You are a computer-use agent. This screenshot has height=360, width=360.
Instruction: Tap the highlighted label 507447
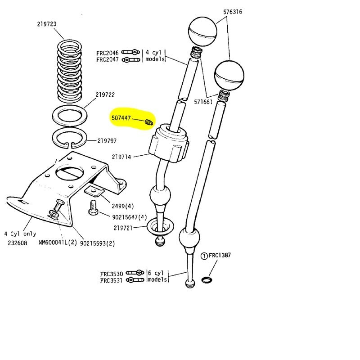click(122, 118)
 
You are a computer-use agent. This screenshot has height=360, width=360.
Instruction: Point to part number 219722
click(105, 95)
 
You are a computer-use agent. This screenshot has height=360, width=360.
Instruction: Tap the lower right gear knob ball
click(229, 75)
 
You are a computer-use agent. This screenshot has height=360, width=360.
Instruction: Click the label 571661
click(204, 102)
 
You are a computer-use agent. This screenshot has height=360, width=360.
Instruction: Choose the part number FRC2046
click(107, 53)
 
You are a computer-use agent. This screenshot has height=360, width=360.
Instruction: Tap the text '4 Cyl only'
click(20, 234)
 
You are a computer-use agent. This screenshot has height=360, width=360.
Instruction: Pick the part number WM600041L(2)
click(56, 244)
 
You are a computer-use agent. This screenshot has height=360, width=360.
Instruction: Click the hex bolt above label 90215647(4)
click(92, 208)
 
